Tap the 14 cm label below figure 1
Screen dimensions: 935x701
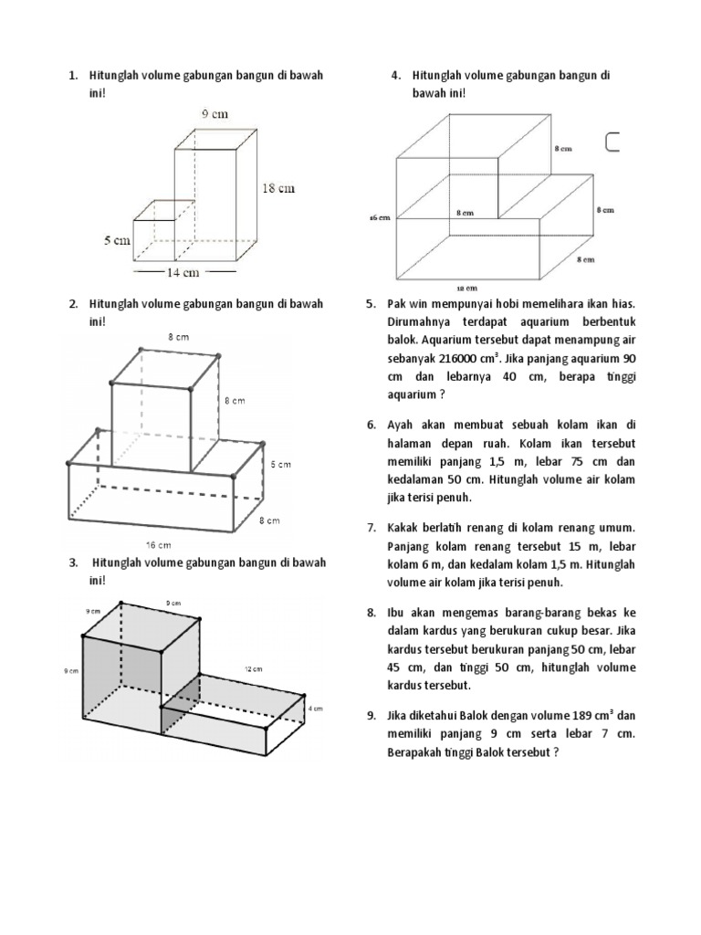tap(182, 272)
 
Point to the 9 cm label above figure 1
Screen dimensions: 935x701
tap(215, 114)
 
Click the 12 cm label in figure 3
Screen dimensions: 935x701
tap(253, 669)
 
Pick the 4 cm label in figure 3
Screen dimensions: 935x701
tap(315, 709)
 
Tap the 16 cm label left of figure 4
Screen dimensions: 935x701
tap(379, 217)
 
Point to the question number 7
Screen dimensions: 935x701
tap(371, 528)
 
